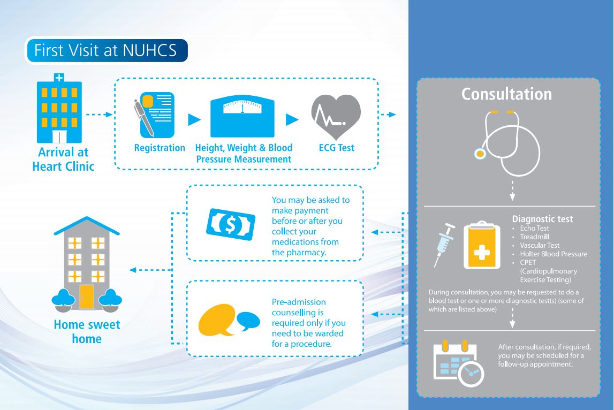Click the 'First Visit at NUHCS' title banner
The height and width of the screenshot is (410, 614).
coord(107,51)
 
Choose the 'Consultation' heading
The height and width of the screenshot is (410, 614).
coord(506,94)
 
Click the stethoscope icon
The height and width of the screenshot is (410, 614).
coord(505,142)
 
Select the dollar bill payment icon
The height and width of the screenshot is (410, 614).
coord(229,224)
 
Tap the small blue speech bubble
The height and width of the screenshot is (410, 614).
coord(247,321)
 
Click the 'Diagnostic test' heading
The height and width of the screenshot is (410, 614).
coord(542,219)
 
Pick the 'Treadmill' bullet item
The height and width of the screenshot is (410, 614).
coord(535,237)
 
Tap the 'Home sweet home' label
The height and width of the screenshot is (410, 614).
coord(87,331)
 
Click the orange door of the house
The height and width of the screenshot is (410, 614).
coord(86,297)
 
